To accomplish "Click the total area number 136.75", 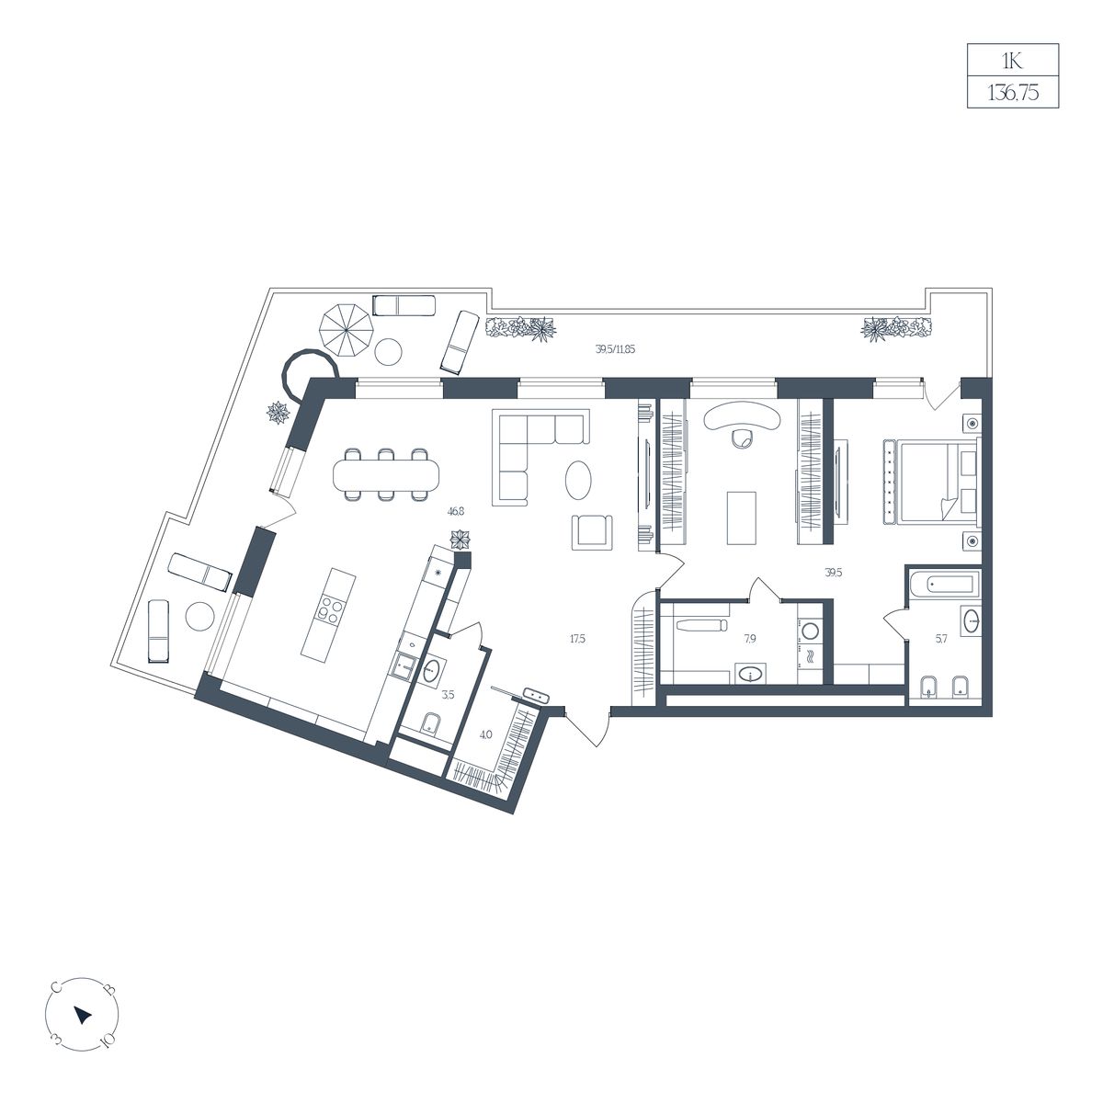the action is click(1013, 93).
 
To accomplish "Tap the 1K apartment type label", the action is click(1013, 61).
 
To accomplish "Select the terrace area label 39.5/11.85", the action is click(615, 349).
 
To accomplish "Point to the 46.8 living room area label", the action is click(456, 512).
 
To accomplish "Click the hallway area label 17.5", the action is click(577, 640).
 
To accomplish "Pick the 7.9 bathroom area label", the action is click(749, 639).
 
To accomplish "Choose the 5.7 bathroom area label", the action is click(941, 640).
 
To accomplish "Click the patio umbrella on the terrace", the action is click(347, 330).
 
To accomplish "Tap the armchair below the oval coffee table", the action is click(592, 532).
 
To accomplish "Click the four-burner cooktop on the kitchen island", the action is click(330, 609).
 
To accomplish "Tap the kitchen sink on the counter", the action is click(406, 665).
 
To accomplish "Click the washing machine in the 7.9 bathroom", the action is click(810, 631).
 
